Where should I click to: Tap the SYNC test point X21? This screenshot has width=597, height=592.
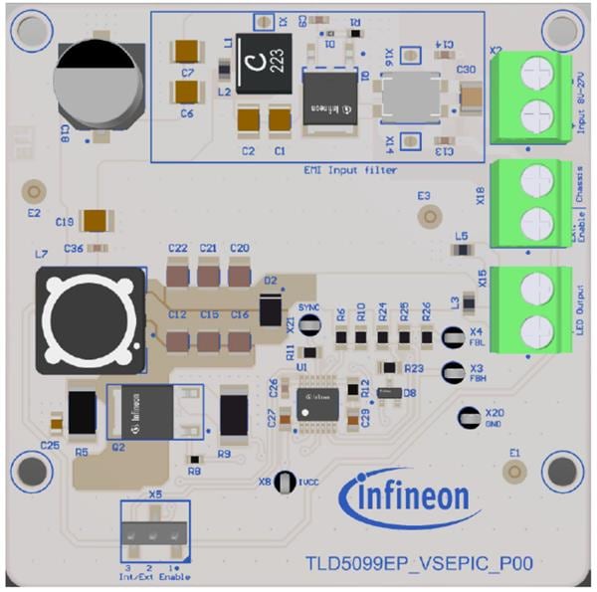[x=309, y=327]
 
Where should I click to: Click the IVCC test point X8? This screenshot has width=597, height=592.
[x=287, y=481]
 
